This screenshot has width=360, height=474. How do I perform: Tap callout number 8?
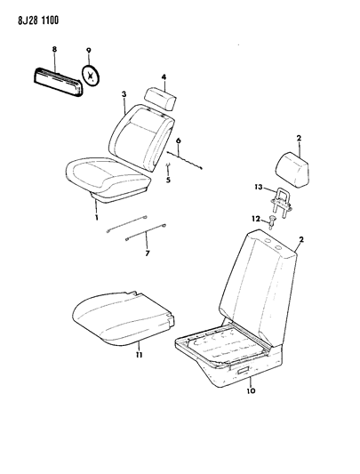click(x=54, y=49)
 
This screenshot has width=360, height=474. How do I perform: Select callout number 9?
click(x=89, y=50)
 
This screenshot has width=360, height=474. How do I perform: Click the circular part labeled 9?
click(x=91, y=76)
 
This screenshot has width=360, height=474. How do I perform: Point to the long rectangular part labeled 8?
click(x=58, y=82)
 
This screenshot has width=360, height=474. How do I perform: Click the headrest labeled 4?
click(x=161, y=99)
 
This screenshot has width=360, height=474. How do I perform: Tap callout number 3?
click(x=124, y=94)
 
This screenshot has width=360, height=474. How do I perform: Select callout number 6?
click(x=179, y=141)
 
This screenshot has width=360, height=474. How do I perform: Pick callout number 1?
click(x=97, y=217)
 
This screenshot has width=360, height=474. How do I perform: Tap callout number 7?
click(x=148, y=253)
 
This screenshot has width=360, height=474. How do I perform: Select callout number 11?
click(x=139, y=355)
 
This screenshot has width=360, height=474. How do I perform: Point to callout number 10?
click(x=251, y=391)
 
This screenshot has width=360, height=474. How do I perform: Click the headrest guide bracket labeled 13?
click(x=281, y=203)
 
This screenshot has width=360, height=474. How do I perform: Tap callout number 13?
click(x=259, y=188)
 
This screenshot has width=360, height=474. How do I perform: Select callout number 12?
click(x=256, y=218)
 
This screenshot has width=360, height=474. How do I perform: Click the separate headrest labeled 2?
click(x=292, y=170)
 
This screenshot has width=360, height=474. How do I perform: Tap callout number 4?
click(x=164, y=77)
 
